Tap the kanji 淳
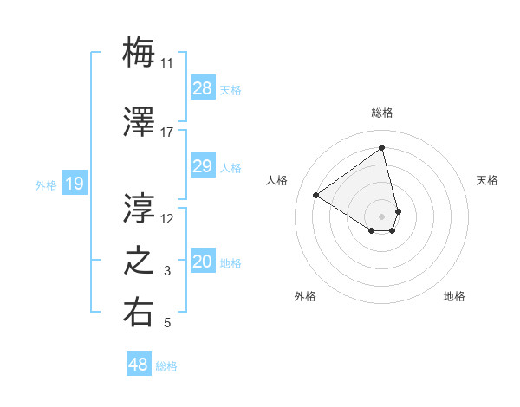[139, 208]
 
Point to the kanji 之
[139, 261]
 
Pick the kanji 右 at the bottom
[139, 313]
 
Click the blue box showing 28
[203, 88]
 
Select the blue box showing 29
[203, 166]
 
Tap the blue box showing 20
[203, 262]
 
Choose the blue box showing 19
[75, 184]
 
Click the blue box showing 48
[139, 365]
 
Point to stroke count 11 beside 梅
[166, 63]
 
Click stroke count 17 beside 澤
[166, 132]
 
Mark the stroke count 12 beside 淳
[167, 218]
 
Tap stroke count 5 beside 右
[167, 324]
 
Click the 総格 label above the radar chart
[382, 113]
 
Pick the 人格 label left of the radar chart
[277, 180]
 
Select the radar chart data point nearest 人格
[316, 196]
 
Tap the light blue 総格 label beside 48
[166, 366]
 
